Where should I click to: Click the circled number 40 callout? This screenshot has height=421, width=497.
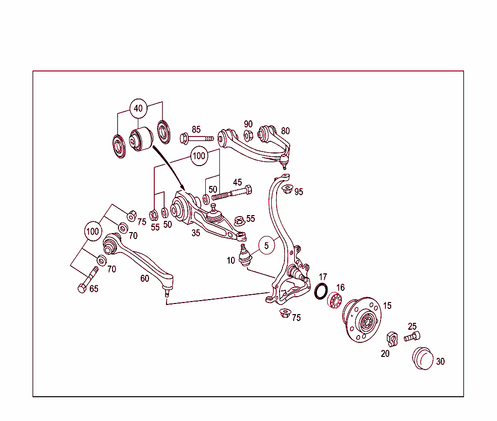(x=138, y=108)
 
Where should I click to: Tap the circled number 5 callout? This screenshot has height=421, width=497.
(x=266, y=246)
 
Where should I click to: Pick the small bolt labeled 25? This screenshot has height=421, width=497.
(x=412, y=336)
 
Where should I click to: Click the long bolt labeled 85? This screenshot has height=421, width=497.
(x=196, y=138)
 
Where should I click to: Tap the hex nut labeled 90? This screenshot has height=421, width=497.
(x=248, y=136)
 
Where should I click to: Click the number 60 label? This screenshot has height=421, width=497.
(x=145, y=278)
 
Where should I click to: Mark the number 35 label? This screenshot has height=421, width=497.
(x=196, y=233)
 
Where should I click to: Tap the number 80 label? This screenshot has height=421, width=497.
(x=285, y=131)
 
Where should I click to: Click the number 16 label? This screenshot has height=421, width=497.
(x=341, y=288)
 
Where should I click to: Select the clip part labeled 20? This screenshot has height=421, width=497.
(x=392, y=338)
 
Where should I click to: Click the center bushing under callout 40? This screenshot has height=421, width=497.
(x=141, y=139)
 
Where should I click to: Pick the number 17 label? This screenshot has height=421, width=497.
(x=323, y=277)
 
